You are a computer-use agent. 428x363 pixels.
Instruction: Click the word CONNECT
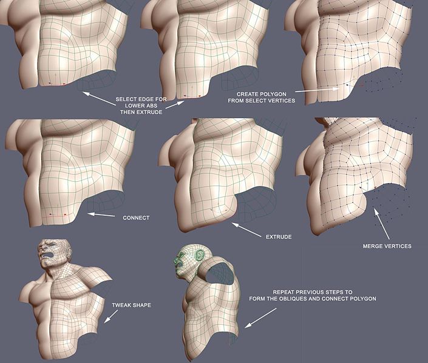pos(136,218)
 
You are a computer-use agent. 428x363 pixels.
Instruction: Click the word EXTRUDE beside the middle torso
pos(279,237)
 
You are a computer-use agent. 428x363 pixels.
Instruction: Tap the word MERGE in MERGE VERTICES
pos(373,246)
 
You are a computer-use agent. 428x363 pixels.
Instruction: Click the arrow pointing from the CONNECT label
pos(101,215)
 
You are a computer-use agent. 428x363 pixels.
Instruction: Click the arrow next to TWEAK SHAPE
pos(111,316)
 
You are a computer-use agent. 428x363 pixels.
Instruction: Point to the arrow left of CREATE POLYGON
pos(318,90)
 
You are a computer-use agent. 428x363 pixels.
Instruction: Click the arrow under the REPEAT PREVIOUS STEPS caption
pos(260,318)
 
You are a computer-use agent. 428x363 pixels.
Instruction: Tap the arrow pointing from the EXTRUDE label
pos(246,230)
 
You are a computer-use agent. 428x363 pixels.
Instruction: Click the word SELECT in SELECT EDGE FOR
pos(124,99)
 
